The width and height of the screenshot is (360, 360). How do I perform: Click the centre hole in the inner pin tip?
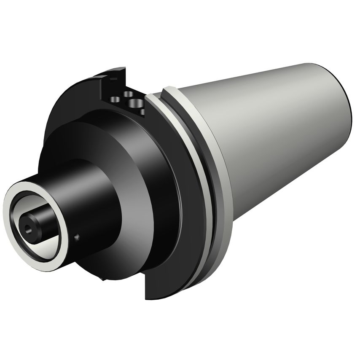[x=28, y=228]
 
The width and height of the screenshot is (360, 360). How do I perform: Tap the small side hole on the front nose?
[x=77, y=237]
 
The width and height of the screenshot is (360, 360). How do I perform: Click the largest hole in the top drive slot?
[x=136, y=103]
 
